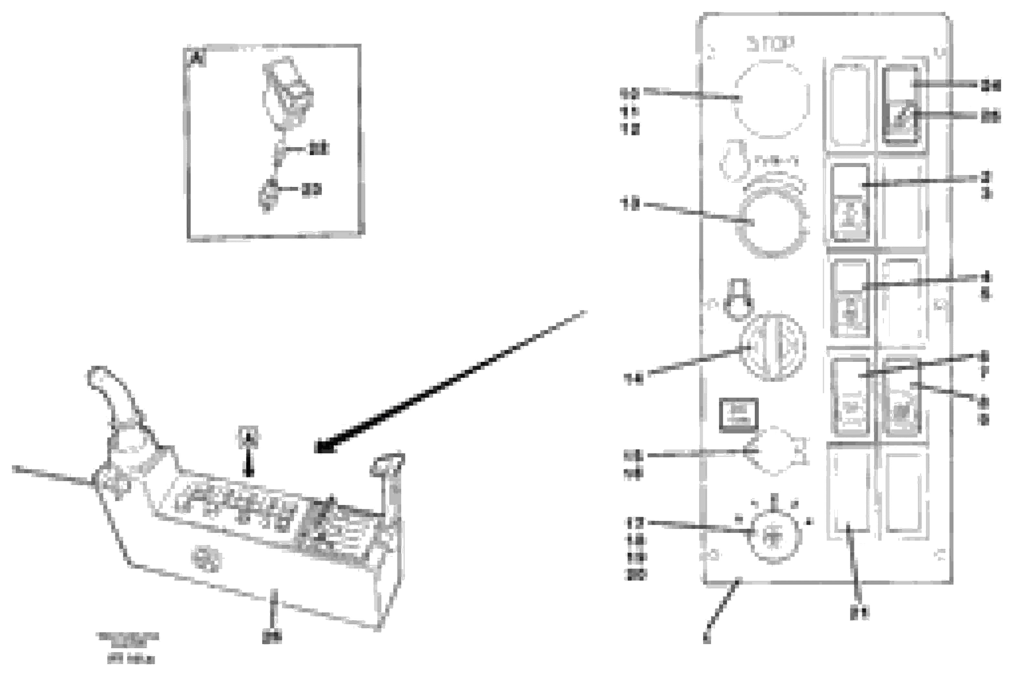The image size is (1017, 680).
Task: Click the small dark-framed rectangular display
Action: click(x=739, y=415)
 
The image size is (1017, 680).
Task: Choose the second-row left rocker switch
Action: click(x=850, y=202)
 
